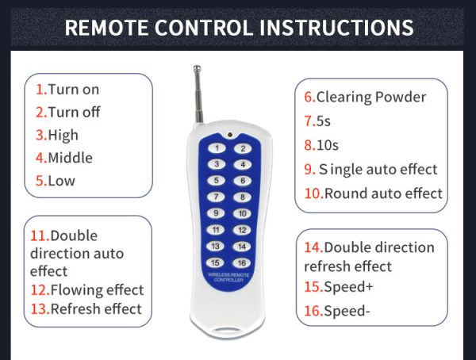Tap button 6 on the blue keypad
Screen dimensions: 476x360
point(243,181)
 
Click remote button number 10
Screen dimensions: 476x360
point(242,213)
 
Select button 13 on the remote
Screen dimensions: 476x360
point(216,246)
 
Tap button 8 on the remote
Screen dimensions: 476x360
point(242,197)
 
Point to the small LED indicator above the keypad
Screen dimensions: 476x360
point(230,134)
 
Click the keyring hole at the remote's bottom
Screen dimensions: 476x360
point(226,330)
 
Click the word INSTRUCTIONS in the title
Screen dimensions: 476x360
point(336,28)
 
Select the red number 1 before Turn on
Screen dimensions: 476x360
point(39,90)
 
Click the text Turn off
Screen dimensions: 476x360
point(74,112)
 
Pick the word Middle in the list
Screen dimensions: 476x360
point(70,158)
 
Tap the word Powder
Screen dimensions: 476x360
point(401,97)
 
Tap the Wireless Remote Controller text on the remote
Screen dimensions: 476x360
point(228,277)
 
